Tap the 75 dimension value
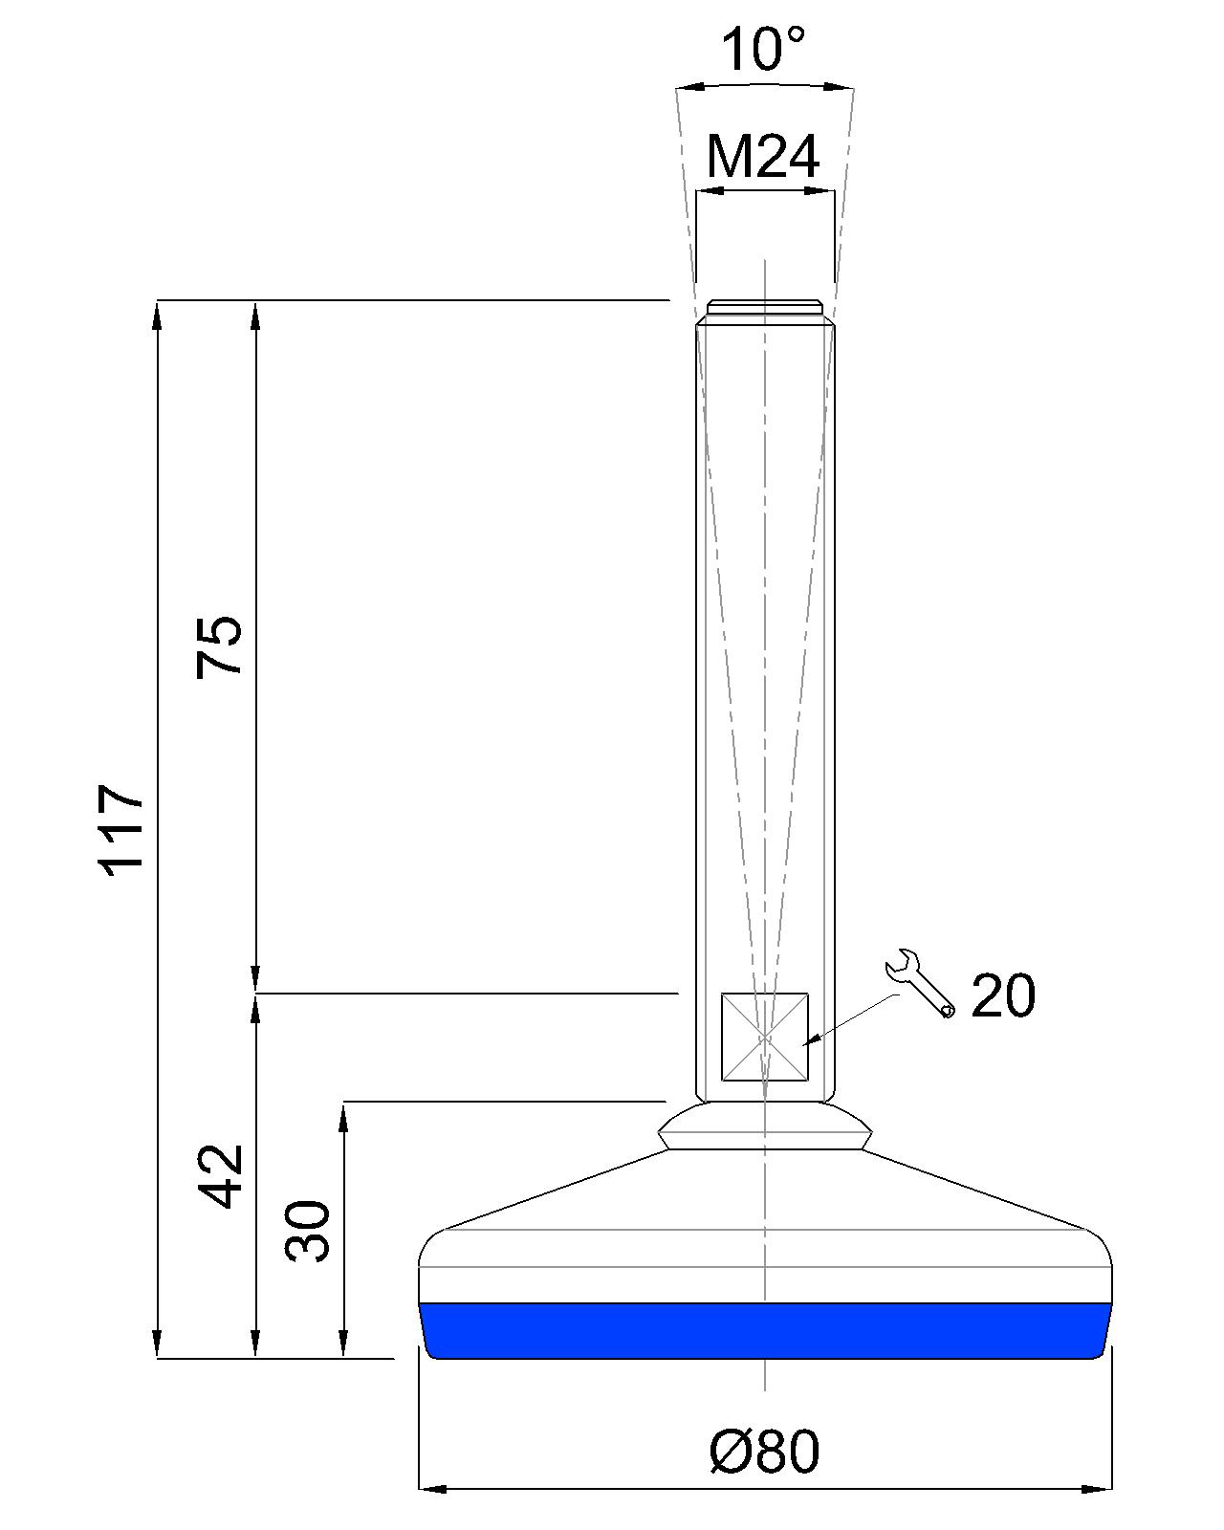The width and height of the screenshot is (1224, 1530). click(220, 646)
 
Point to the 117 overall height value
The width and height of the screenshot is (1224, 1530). click(120, 830)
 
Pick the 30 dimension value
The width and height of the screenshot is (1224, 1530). click(308, 1232)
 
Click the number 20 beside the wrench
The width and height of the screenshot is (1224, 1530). click(1003, 996)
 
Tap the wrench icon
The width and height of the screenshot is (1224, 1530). click(920, 984)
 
